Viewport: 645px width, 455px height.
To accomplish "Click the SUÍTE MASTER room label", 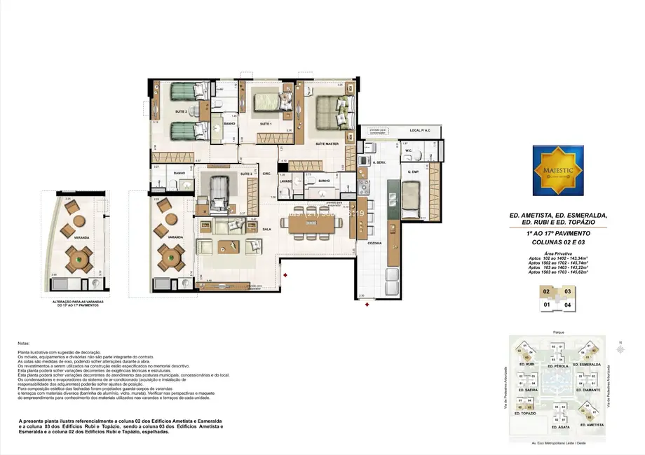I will pos(327,143).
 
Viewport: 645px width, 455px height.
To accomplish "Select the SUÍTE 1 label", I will pos(266,124).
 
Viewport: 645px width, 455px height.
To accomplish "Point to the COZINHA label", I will pos(374,243).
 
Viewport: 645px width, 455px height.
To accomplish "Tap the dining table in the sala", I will pos(313,224).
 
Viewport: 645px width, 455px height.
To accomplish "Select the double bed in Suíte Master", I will pos(332,111).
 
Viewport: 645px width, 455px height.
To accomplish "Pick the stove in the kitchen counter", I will pos(364,187).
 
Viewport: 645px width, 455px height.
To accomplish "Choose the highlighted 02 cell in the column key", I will pos(546,290).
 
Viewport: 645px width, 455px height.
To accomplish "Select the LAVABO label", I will pos(285,181).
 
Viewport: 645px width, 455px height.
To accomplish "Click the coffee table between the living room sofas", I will pos(229,245).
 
